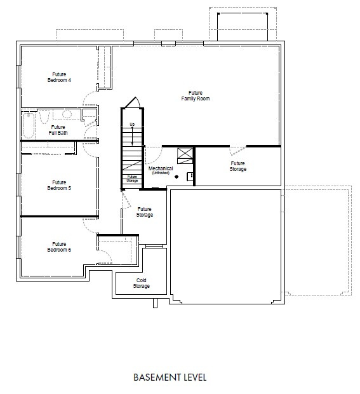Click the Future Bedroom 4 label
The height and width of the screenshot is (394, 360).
pyautogui.click(x=59, y=77)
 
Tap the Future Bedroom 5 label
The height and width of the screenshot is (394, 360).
pyautogui.click(x=59, y=185)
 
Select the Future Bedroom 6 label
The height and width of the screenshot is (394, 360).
pyautogui.click(x=59, y=247)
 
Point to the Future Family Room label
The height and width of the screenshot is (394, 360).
pyautogui.click(x=196, y=95)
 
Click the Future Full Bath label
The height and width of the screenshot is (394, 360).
pyautogui.click(x=58, y=130)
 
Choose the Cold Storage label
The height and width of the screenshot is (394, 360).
pyautogui.click(x=142, y=283)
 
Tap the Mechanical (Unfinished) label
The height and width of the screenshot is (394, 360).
pyautogui.click(x=161, y=170)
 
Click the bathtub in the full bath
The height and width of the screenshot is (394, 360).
pyautogui.click(x=29, y=125)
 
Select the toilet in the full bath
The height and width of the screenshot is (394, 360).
pyautogui.click(x=44, y=117)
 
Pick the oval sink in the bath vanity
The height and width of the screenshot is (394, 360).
pyautogui.click(x=67, y=114)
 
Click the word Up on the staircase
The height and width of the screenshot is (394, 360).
pyautogui.click(x=132, y=124)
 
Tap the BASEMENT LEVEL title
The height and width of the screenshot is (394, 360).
pyautogui.click(x=170, y=377)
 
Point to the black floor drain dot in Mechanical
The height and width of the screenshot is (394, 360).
pyautogui.click(x=177, y=177)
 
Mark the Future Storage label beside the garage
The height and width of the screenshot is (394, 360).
pyautogui.click(x=237, y=166)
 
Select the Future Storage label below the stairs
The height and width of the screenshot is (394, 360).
pyautogui.click(x=145, y=212)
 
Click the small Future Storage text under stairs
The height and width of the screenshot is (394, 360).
pyautogui.click(x=132, y=179)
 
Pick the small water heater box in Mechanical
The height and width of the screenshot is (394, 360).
pyautogui.click(x=190, y=177)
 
